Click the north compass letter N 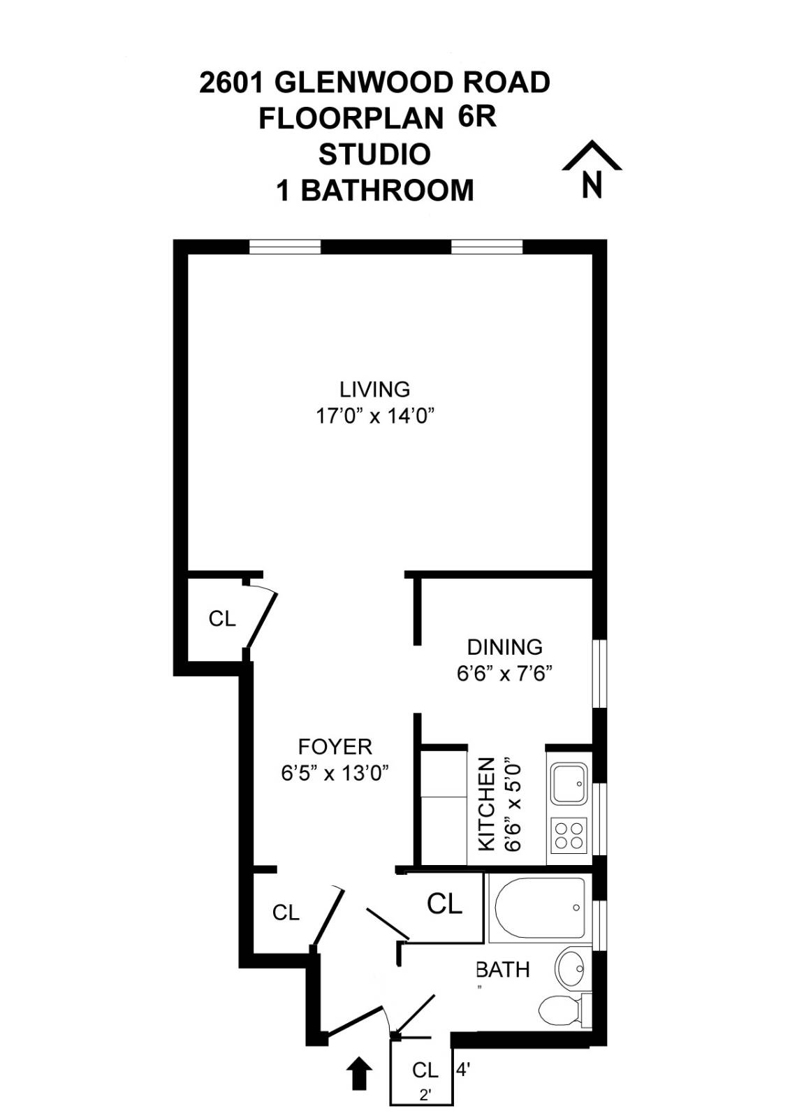[592, 184]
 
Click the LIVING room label [375, 389]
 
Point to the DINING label [504, 647]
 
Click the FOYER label [335, 747]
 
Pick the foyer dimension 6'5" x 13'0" [335, 774]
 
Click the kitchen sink [569, 783]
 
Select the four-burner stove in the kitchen [569, 836]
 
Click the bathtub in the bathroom [541, 908]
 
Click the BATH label [503, 970]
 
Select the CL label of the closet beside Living [222, 619]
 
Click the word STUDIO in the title [375, 154]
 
